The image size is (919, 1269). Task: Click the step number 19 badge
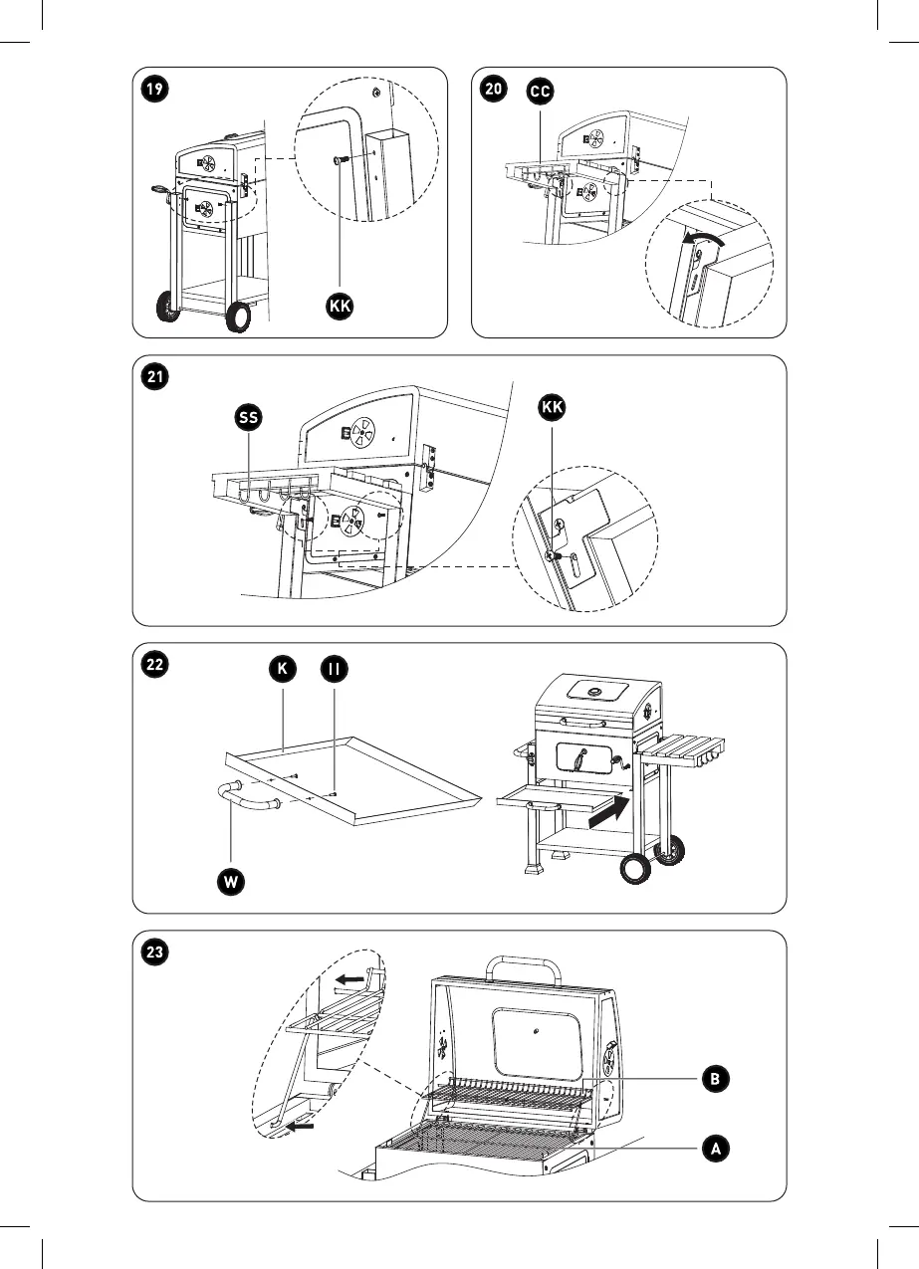pos(153,89)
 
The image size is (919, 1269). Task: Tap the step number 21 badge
pos(153,377)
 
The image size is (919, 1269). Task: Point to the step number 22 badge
pos(153,665)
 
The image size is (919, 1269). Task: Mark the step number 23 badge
pos(153,952)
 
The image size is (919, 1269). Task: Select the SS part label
pos(249,419)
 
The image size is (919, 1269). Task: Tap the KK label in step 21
pos(551,408)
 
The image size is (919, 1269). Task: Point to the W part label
pos(231,881)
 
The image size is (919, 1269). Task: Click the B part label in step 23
pos(713,1078)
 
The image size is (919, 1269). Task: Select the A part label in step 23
pos(713,1148)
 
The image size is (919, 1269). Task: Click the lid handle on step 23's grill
pos(523,966)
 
